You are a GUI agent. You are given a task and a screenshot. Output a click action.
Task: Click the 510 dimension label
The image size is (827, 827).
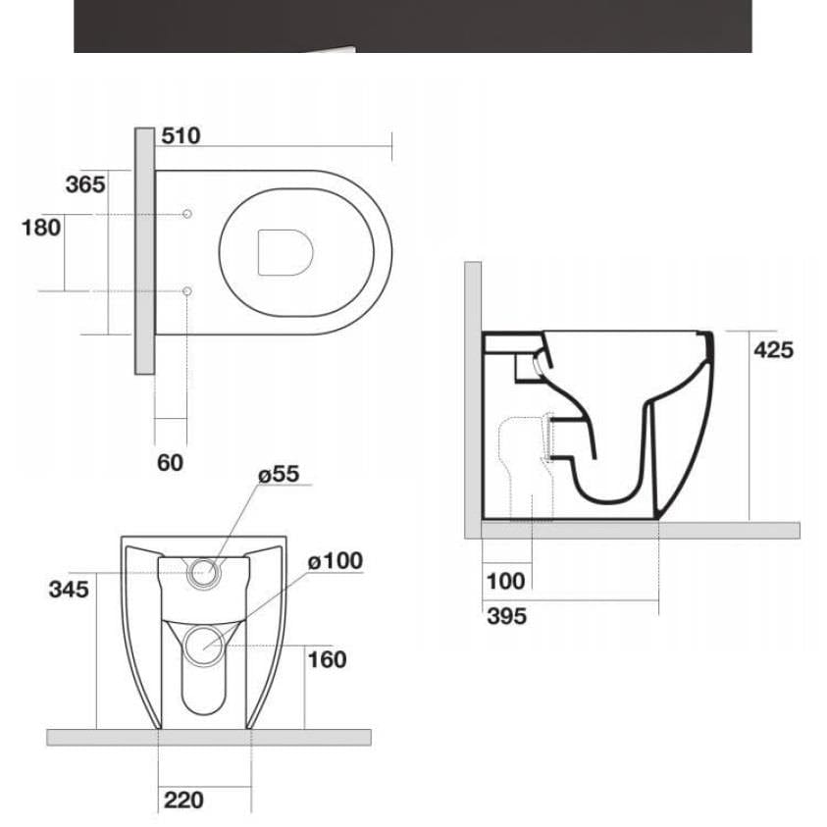(x=180, y=136)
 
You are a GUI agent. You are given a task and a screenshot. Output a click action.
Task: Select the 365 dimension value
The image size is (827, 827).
(x=85, y=183)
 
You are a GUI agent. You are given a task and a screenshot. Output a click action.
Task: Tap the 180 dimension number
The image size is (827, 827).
(x=41, y=228)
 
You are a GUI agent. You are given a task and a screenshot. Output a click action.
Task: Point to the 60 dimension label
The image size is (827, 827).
(x=171, y=462)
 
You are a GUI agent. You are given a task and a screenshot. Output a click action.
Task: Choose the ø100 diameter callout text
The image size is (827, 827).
(x=335, y=561)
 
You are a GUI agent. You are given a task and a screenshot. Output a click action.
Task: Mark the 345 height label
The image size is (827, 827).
(x=69, y=589)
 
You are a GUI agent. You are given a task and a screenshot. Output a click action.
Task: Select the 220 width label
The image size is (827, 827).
(x=183, y=800)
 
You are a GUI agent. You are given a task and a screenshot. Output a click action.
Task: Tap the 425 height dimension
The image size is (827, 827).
(x=773, y=349)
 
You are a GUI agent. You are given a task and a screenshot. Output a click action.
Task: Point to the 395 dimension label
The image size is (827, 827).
(x=506, y=616)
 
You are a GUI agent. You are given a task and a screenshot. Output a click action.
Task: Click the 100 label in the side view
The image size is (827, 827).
(x=505, y=581)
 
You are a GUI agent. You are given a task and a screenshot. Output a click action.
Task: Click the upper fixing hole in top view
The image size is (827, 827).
(x=186, y=214)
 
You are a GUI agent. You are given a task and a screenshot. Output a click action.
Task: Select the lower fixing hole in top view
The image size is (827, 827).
(x=186, y=290)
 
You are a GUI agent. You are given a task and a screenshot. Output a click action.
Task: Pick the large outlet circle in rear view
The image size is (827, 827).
(x=204, y=644)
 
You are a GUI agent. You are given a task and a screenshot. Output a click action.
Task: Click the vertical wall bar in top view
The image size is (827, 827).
(x=144, y=250)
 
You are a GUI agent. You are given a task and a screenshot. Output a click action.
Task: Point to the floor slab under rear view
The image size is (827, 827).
(x=208, y=737)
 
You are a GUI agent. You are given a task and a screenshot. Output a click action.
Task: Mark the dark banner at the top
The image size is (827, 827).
(x=412, y=26)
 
